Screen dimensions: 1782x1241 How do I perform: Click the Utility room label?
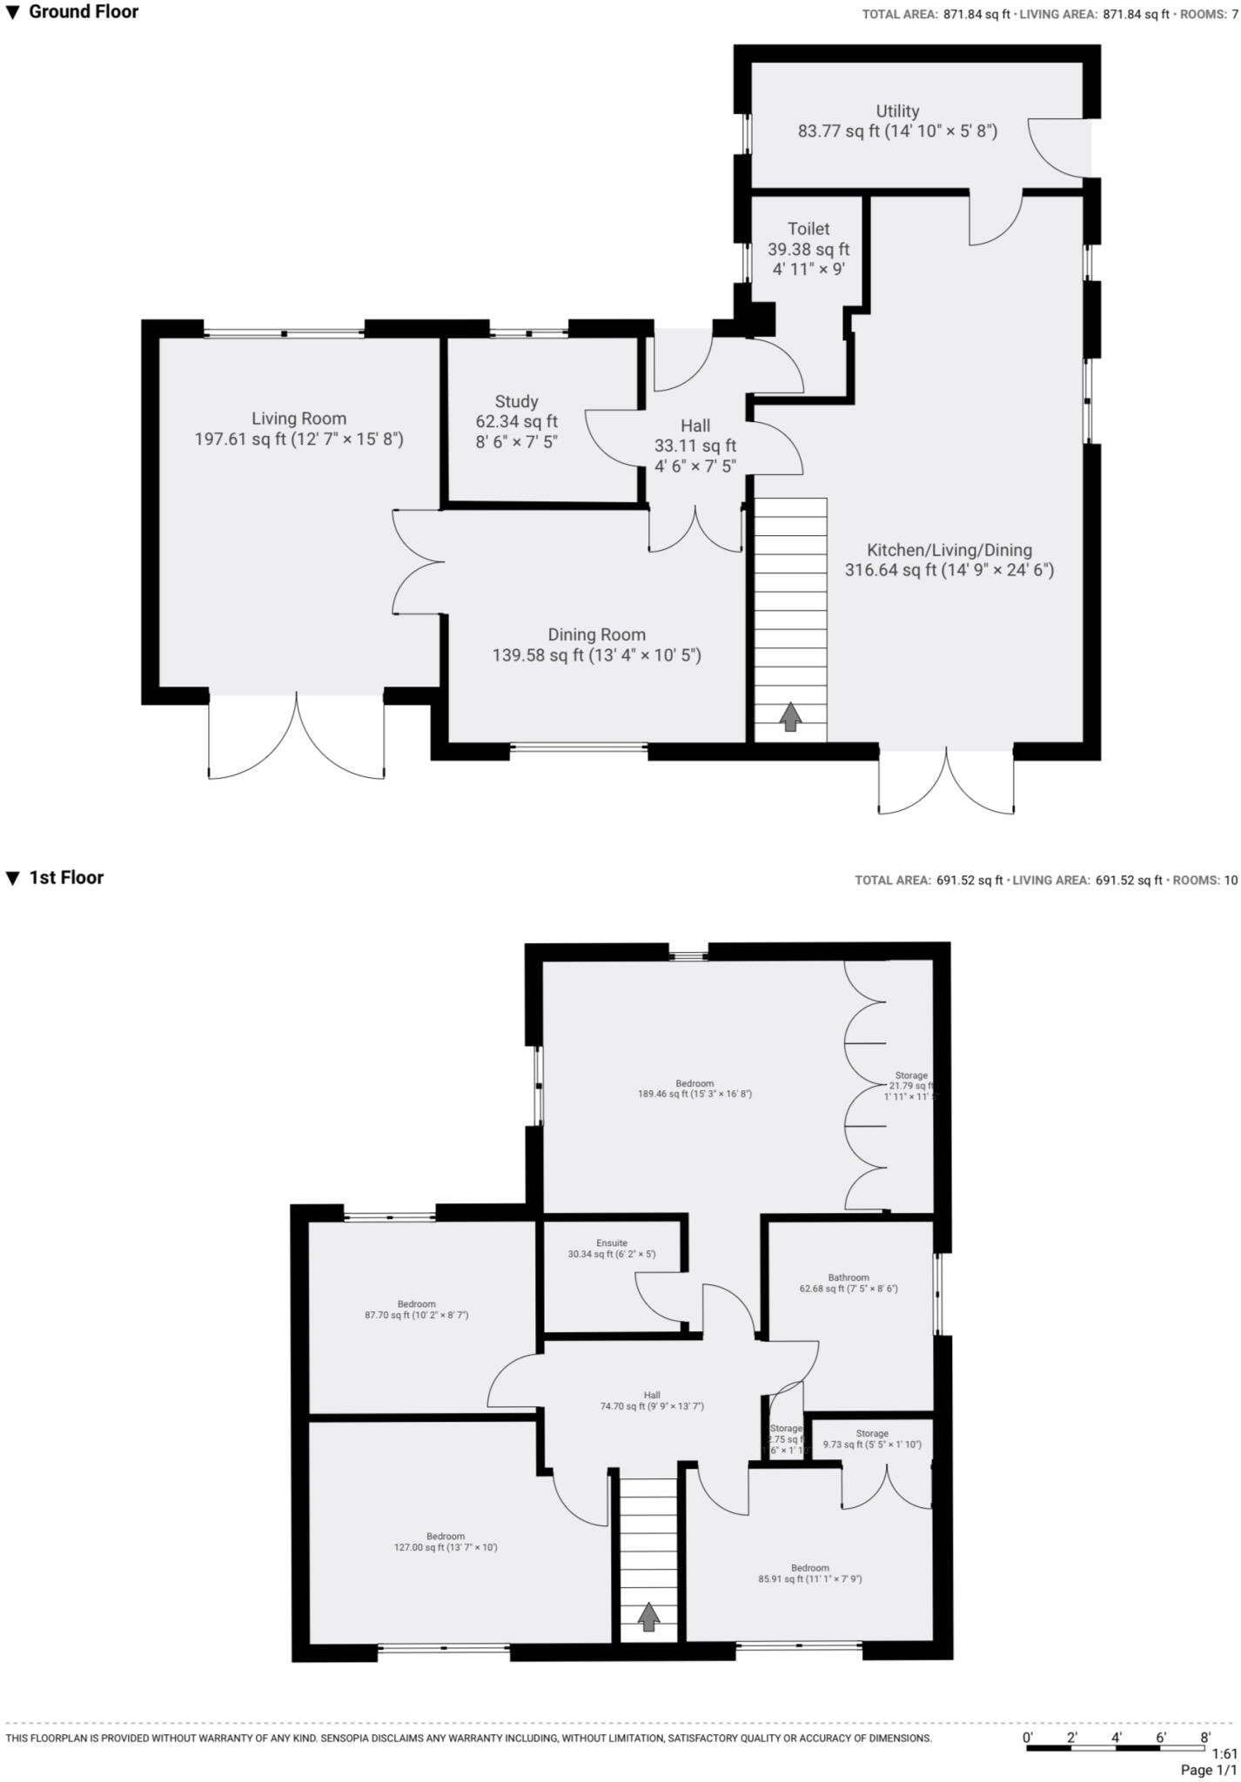897,111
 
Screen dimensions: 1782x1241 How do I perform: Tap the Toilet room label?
808,229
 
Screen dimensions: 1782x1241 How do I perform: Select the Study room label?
516,402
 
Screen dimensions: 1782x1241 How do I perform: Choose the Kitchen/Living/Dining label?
949,550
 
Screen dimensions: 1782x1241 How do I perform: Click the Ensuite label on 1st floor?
611,1243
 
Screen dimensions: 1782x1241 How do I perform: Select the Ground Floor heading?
84,12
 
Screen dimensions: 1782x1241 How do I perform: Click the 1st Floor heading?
66,878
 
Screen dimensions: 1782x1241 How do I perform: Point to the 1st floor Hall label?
652,1396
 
